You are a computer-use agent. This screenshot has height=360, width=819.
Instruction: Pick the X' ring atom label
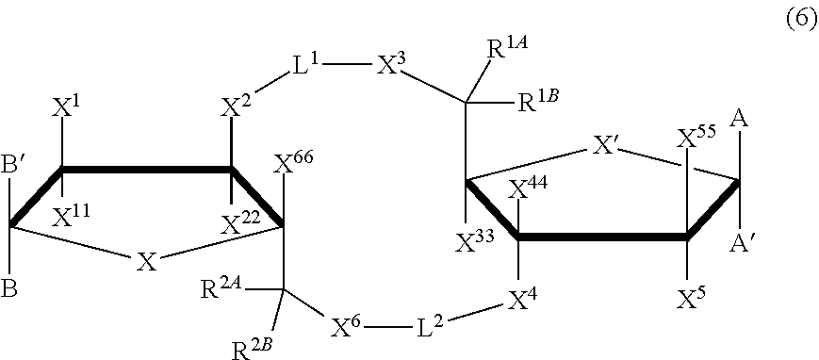coord(607,146)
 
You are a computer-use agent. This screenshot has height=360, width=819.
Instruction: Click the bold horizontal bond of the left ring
coord(146,170)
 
